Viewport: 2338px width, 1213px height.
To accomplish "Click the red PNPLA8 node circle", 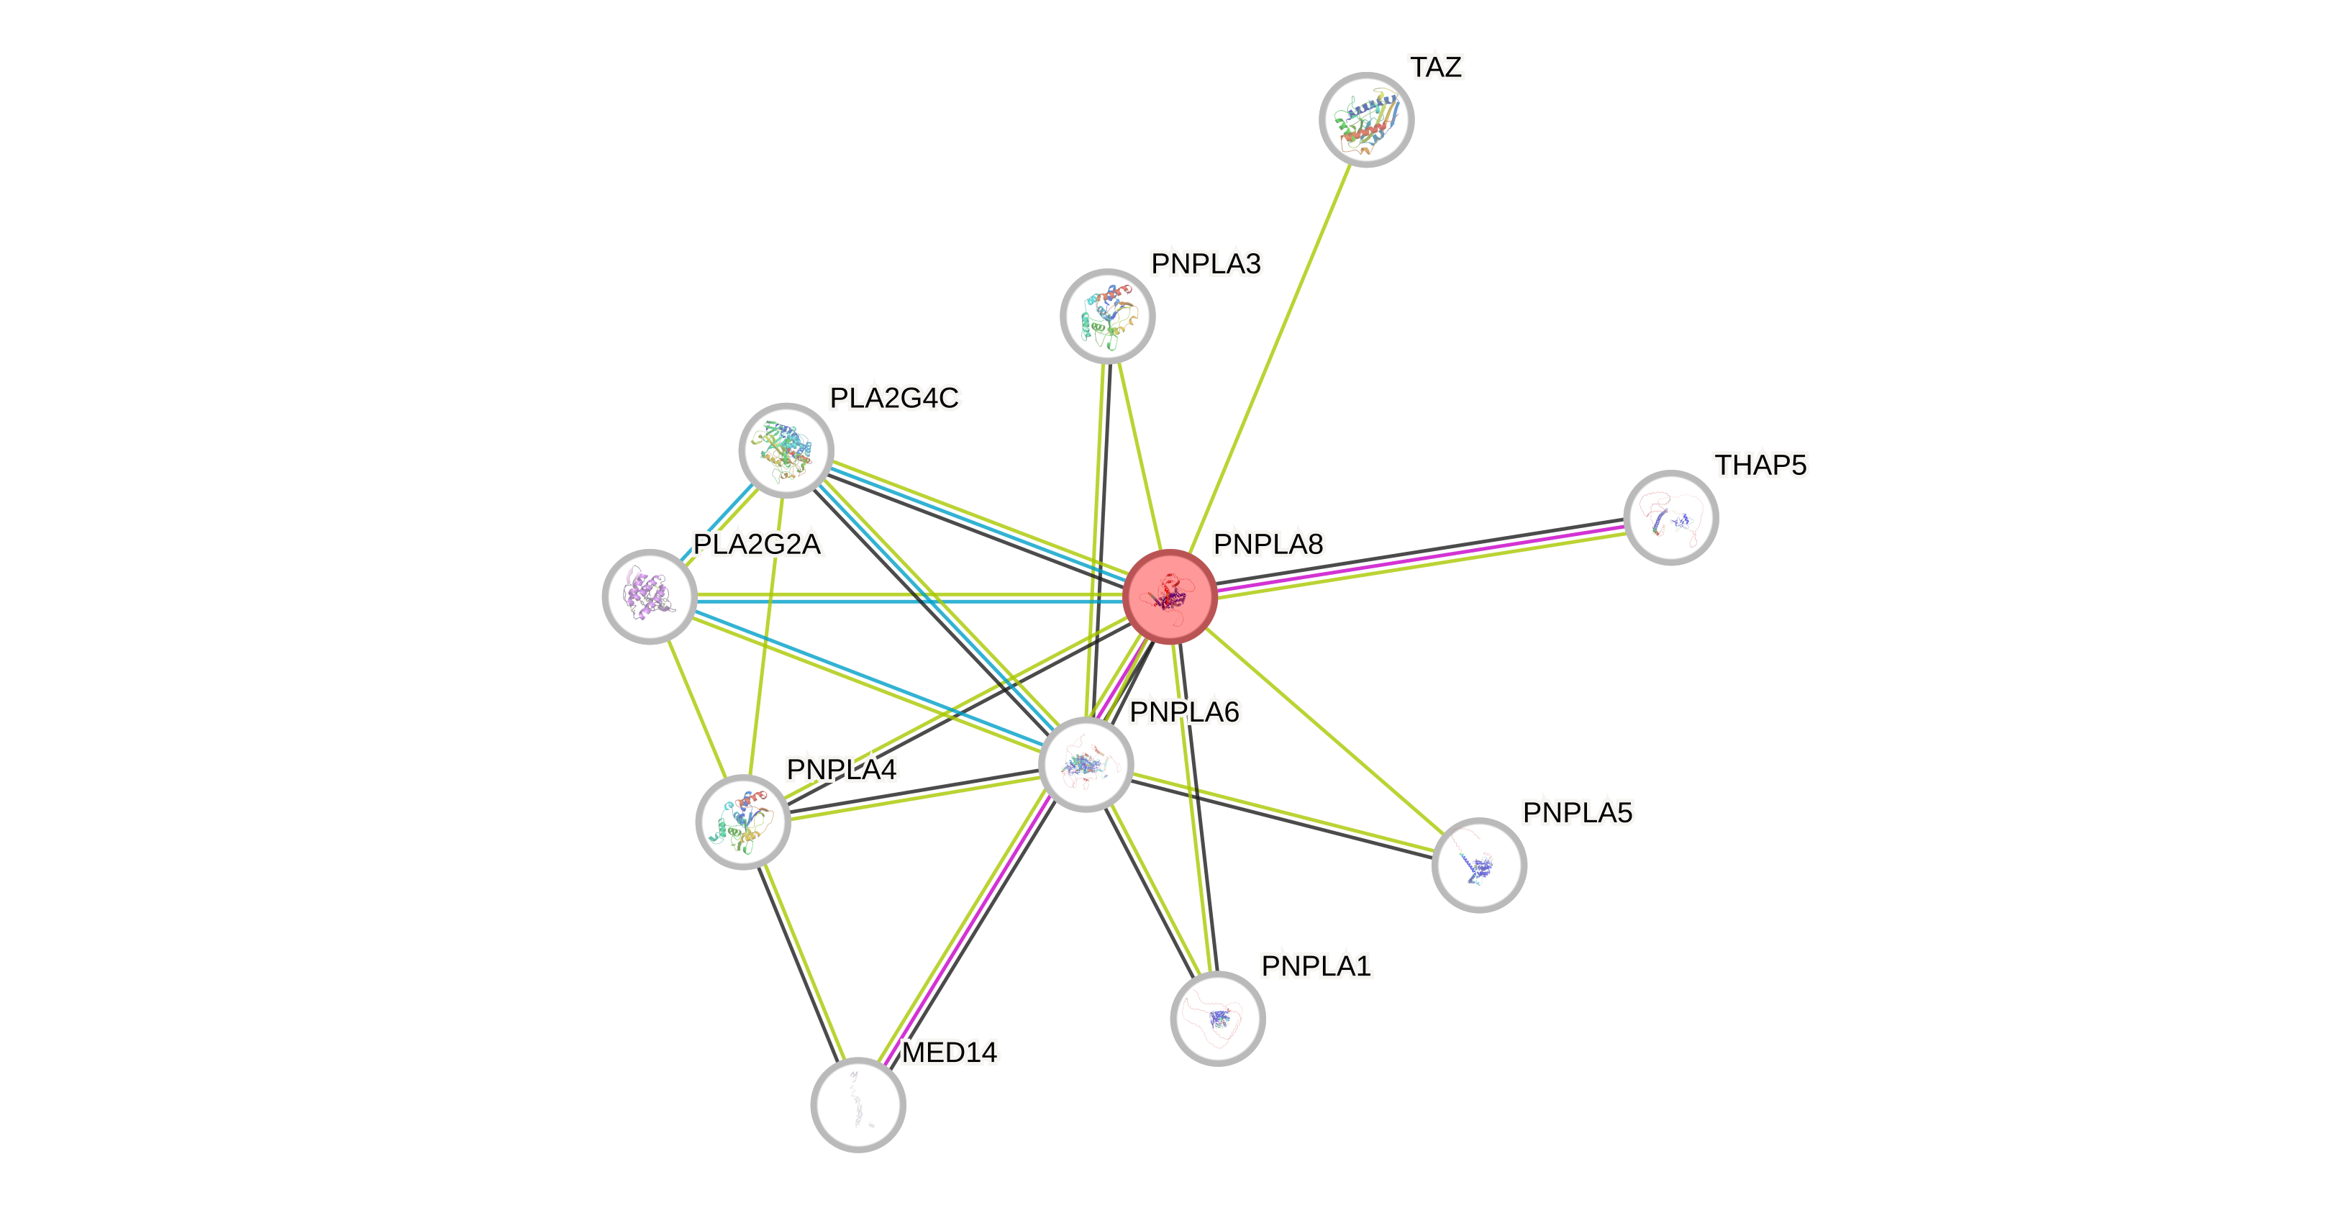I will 1169,596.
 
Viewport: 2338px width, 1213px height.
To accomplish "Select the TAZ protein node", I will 1366,120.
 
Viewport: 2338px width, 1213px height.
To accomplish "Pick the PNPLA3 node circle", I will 1107,316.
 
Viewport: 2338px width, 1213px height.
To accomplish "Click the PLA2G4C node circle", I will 786,450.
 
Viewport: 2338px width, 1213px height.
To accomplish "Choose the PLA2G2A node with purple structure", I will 649,596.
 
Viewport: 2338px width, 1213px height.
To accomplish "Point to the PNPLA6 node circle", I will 1086,765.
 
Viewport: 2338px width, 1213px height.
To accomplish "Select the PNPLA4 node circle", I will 743,822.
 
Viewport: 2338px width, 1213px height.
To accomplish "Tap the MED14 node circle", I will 858,1105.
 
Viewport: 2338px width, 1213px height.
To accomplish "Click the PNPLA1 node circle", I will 1218,1018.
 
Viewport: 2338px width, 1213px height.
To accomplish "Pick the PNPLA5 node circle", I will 1479,866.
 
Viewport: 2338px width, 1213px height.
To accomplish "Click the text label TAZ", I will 1436,67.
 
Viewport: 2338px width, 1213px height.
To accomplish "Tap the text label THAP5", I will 1760,465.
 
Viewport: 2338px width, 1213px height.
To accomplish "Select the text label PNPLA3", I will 1205,264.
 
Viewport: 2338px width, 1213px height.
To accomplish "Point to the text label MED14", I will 950,1053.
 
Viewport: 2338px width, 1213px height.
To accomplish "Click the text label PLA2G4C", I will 894,398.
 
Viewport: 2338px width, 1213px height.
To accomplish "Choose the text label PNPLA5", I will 1578,812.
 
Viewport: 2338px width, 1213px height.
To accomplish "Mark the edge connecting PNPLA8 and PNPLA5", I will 1325,732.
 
